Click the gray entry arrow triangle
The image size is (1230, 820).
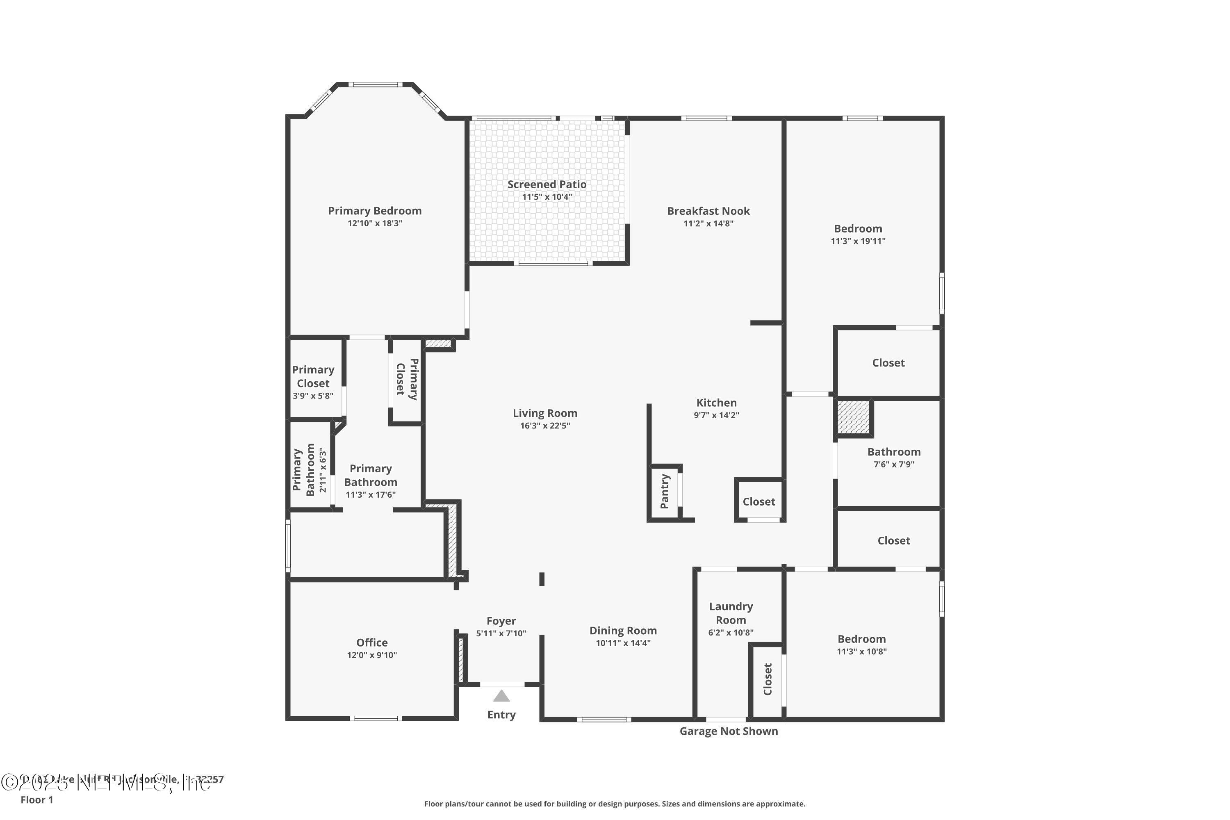pos(501,696)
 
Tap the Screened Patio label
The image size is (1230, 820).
pos(547,184)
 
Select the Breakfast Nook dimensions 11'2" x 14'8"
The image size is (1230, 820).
pos(708,224)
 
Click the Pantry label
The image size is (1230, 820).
pos(665,492)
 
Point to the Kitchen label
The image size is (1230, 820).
pos(716,403)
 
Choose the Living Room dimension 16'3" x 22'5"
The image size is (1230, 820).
pos(544,426)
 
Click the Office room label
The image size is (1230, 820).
pos(372,642)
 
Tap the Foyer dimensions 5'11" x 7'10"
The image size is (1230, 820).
pos(501,633)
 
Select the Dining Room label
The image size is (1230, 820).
pos(623,631)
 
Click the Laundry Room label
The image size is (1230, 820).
pos(731,613)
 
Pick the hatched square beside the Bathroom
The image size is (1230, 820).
pos(853,417)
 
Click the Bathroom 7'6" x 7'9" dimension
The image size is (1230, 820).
pos(894,465)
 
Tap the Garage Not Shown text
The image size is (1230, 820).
pos(728,731)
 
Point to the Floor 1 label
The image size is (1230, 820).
pos(36,799)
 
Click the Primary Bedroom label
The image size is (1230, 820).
pos(374,211)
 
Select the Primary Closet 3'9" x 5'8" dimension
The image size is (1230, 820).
pos(313,396)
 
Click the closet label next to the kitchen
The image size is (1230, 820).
pos(758,501)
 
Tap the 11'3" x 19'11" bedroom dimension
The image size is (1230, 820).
pos(858,241)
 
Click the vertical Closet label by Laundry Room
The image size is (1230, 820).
pos(767,679)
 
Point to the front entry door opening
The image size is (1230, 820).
pos(502,684)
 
